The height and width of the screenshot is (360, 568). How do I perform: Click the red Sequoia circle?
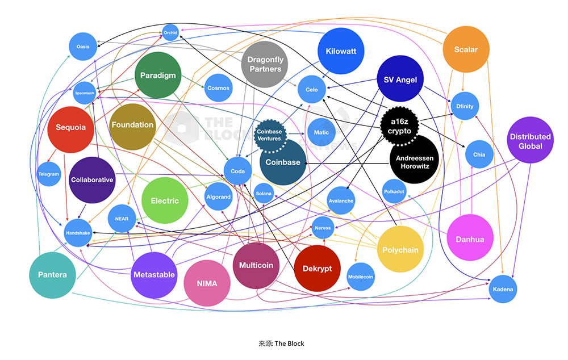[71, 128]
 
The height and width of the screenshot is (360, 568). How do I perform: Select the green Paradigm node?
[158, 76]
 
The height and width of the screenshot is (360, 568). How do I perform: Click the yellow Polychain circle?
[400, 250]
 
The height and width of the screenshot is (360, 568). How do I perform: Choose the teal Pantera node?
[52, 275]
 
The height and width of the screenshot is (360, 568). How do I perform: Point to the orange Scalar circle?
[466, 50]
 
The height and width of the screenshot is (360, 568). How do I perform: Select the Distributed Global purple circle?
[530, 141]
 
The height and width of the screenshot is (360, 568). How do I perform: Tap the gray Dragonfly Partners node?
[265, 64]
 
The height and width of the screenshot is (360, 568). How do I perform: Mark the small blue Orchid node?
[170, 32]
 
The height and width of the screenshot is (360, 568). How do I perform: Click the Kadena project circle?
[503, 289]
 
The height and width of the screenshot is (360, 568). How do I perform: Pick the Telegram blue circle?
[49, 174]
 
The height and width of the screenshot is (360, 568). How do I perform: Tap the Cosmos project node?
[219, 88]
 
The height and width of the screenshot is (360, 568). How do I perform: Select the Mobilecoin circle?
[361, 277]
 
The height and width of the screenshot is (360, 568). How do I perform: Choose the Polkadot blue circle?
[394, 191]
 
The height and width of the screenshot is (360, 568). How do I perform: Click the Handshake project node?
[77, 233]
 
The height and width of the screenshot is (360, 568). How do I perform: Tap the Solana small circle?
[264, 194]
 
